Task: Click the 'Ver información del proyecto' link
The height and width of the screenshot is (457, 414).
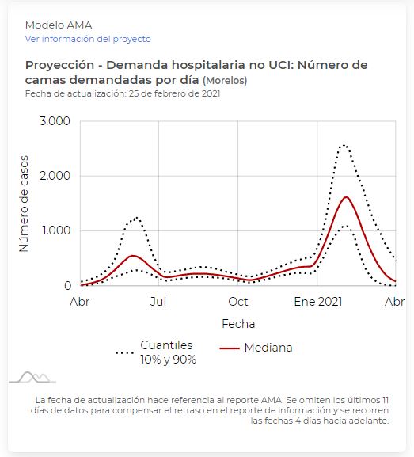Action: [x=88, y=39]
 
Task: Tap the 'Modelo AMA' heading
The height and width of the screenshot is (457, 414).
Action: [x=59, y=25]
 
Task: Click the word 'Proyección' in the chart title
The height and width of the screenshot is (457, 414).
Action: [x=59, y=65]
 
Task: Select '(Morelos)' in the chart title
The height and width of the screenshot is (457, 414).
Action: [x=225, y=80]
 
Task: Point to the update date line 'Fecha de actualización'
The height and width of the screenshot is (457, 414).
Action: [x=123, y=93]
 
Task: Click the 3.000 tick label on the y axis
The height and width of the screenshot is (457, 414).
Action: [x=55, y=121]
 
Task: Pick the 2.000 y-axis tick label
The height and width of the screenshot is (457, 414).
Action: [x=55, y=176]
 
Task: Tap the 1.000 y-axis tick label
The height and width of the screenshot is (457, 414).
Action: [x=56, y=230]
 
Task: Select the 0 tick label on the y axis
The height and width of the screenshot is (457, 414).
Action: [x=67, y=286]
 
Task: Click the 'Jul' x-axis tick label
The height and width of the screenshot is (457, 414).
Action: [x=158, y=302]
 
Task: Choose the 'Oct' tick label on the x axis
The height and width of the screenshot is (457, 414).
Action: [x=238, y=302]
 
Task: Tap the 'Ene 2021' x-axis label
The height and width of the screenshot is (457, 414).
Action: [x=318, y=302]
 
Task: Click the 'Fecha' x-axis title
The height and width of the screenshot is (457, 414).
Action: [x=238, y=324]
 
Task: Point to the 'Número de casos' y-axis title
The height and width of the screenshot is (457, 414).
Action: [x=24, y=204]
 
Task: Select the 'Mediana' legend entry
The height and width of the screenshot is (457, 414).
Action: [x=256, y=348]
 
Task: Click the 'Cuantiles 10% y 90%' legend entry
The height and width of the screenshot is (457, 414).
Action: [x=156, y=352]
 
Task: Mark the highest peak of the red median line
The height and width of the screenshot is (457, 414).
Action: [x=346, y=197]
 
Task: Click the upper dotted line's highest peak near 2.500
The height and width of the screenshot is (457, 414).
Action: [x=344, y=145]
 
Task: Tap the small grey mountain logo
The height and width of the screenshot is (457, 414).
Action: [x=32, y=377]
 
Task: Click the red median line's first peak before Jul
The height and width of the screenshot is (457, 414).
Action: [x=132, y=256]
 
